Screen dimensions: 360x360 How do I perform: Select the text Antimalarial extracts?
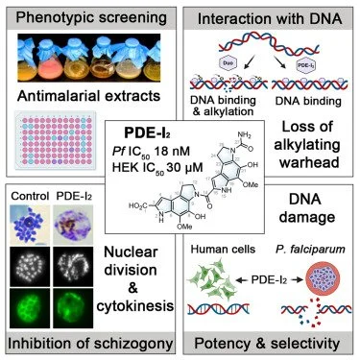point(86,97)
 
